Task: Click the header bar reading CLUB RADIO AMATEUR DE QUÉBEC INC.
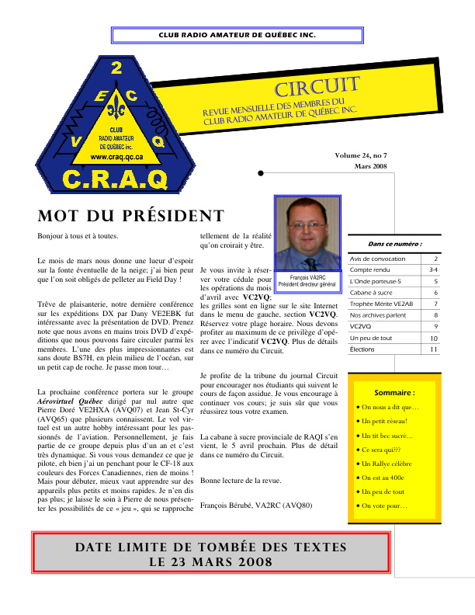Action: click(237, 36)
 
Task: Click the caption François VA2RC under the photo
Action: click(307, 277)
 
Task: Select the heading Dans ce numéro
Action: click(395, 244)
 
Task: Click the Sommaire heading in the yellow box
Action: click(394, 393)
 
